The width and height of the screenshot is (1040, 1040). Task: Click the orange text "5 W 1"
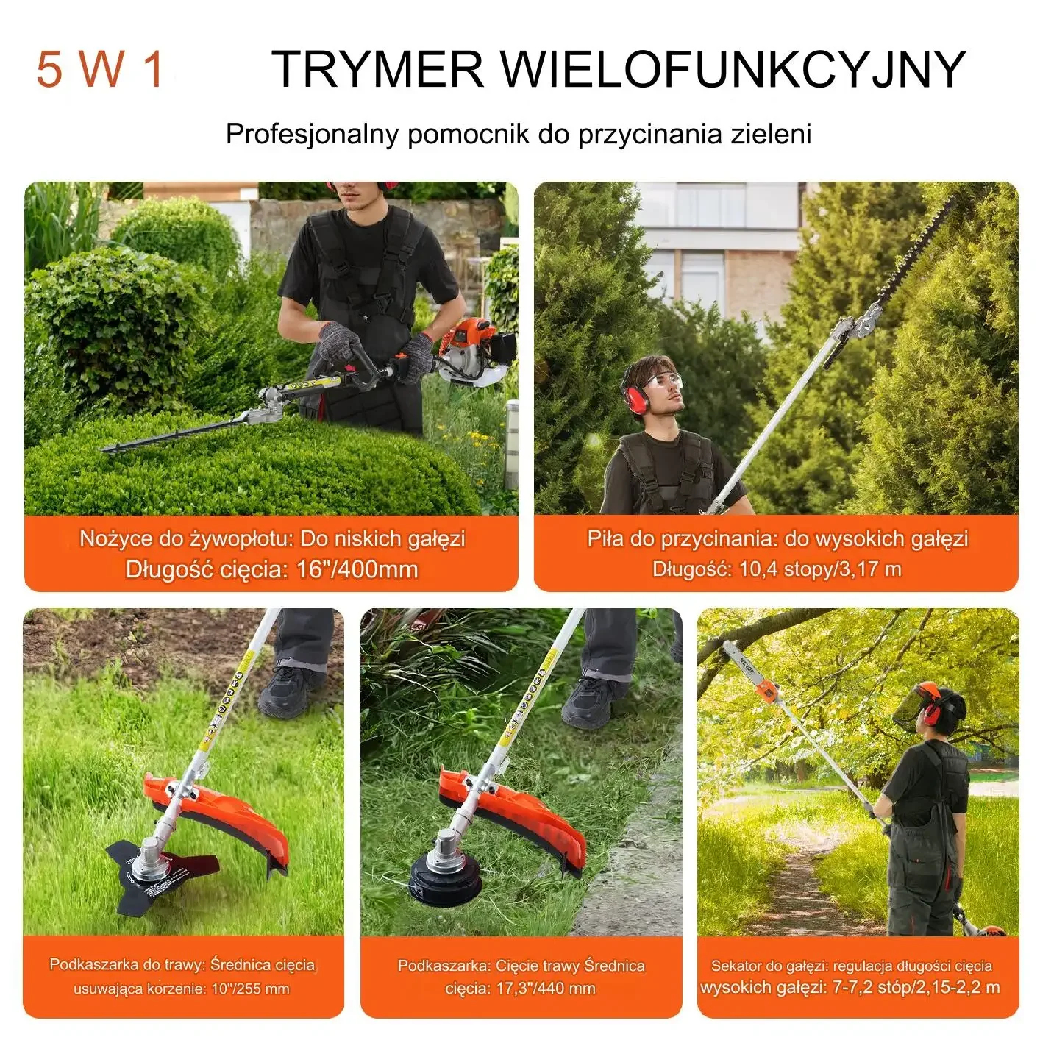100,68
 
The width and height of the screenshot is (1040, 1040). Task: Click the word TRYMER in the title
377,68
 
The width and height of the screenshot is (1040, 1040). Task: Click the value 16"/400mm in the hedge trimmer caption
357,569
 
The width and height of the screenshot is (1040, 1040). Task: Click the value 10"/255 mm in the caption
250,989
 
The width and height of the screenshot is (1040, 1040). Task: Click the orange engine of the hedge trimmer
475,348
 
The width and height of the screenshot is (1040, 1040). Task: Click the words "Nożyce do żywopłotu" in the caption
185,538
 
